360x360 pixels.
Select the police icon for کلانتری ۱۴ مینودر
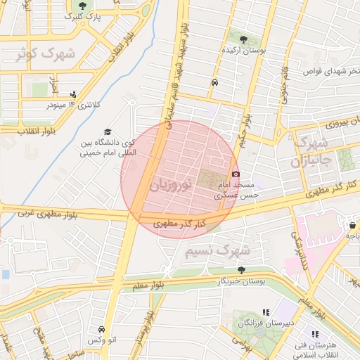coord(73,94)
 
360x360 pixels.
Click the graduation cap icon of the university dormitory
coord(108,131)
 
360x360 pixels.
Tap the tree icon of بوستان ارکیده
coord(243,39)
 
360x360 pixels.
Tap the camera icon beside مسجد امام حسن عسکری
coord(236,174)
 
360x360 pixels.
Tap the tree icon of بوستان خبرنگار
coord(241,270)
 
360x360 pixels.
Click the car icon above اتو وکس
coord(101,329)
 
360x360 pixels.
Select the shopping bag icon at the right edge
coord(352,225)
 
